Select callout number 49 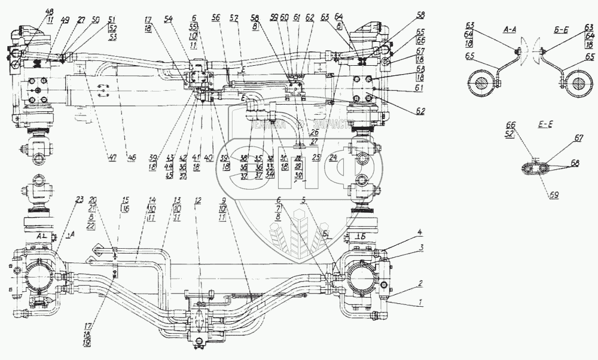(x=65, y=20)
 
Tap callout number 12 (x=198, y=200)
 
